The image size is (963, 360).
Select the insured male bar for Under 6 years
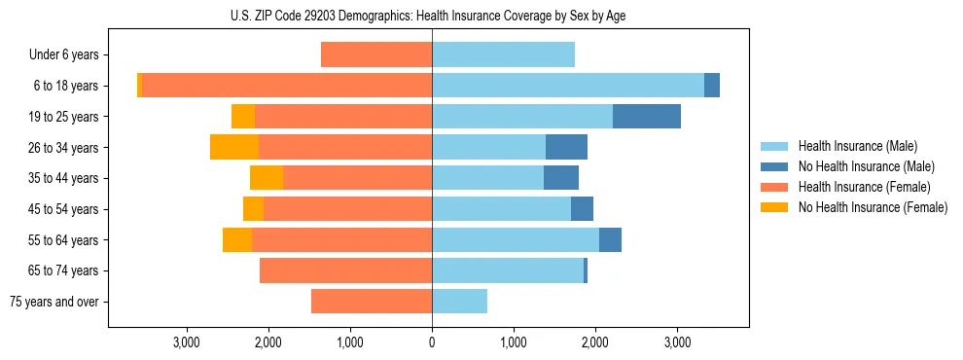tap(503, 54)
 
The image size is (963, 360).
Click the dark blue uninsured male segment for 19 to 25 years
tap(646, 117)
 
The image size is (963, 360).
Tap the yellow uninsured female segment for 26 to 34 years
tap(234, 147)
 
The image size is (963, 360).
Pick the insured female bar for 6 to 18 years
tap(287, 86)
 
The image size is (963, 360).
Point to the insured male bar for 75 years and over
tap(459, 302)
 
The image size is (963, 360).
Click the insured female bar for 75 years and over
tap(372, 302)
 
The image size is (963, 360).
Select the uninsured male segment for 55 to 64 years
tap(610, 239)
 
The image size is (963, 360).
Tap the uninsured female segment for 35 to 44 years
tap(267, 178)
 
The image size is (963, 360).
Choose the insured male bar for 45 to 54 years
tap(501, 209)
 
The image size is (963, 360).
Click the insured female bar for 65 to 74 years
tap(345, 270)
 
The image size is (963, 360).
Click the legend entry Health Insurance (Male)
tap(857, 146)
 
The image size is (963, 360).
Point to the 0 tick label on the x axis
tap(432, 342)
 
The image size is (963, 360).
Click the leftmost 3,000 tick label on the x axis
tap(186, 342)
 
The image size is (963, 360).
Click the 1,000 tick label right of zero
tap(514, 342)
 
